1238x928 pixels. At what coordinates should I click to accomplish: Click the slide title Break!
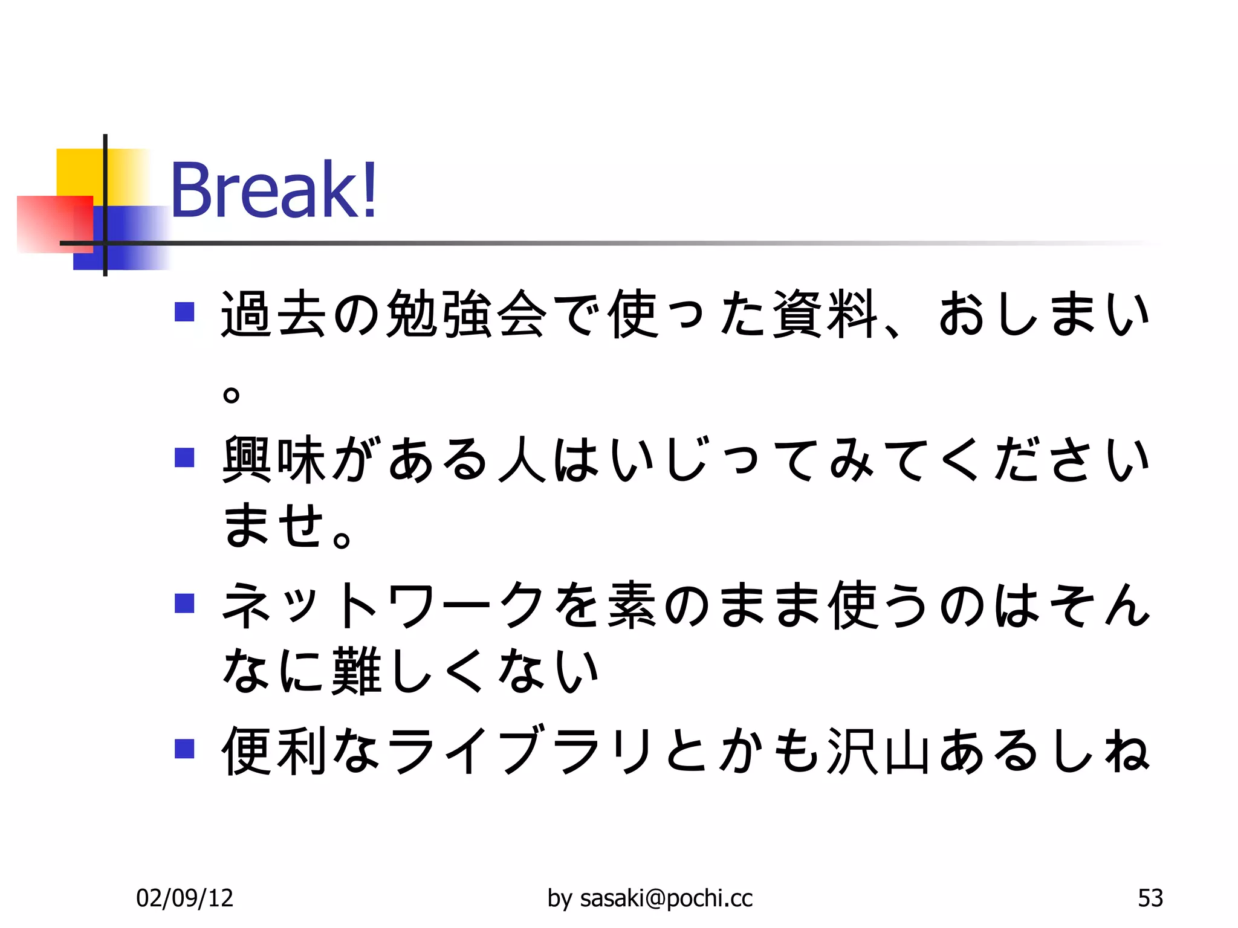274,190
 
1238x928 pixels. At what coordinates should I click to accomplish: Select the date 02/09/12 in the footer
184,898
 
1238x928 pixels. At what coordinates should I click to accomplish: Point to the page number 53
1150,898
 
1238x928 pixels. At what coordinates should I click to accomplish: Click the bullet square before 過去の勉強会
184,312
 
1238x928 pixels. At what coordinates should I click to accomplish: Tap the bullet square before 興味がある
184,457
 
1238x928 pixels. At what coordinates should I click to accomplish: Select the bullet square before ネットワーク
184,603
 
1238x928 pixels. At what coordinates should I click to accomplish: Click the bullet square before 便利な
184,749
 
